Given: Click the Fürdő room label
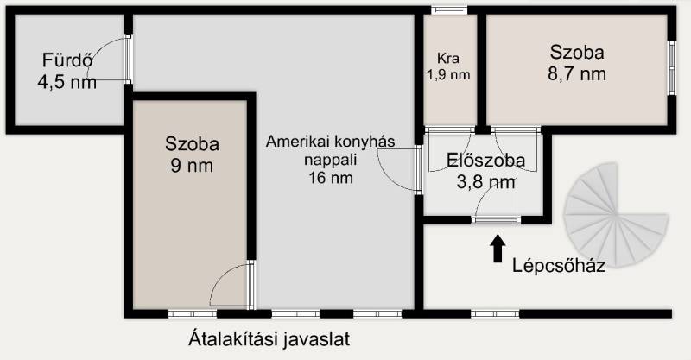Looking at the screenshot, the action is click(x=67, y=60).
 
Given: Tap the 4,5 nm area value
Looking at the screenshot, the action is click(x=67, y=82).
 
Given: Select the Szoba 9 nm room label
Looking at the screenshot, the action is click(x=192, y=155).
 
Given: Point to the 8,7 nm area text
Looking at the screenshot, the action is click(x=577, y=74).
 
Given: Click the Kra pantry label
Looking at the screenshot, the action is click(x=448, y=58).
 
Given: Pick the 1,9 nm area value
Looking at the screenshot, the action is click(x=448, y=75).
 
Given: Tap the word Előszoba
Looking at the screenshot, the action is click(x=485, y=161).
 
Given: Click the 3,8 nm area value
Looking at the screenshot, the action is click(x=485, y=181).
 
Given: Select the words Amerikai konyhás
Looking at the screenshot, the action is click(x=331, y=142).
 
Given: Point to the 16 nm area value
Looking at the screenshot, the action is click(x=331, y=178).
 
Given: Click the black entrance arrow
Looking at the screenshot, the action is click(x=498, y=248).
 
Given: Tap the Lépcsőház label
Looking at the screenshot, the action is click(x=558, y=265).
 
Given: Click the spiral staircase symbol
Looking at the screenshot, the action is click(x=616, y=215).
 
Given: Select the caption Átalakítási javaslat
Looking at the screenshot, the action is click(x=269, y=339).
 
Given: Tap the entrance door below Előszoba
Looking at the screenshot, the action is click(x=496, y=219).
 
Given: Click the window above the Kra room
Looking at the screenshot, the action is click(x=449, y=10).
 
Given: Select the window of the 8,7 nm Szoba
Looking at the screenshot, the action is click(x=672, y=68).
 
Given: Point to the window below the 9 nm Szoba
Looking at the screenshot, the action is click(x=193, y=313).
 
